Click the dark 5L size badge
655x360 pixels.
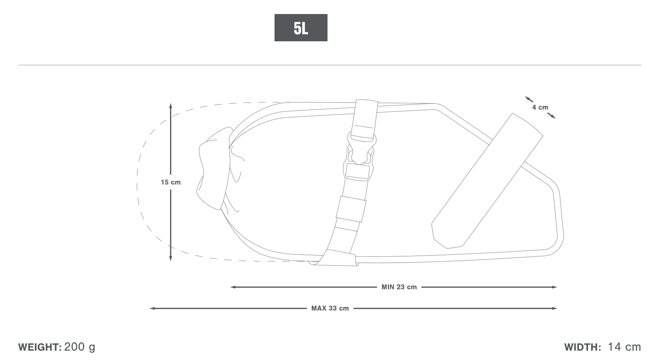[x=301, y=28]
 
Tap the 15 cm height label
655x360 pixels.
[x=171, y=182]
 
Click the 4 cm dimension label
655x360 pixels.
[x=540, y=107]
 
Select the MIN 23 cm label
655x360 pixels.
[x=399, y=287]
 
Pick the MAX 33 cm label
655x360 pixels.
[x=330, y=308]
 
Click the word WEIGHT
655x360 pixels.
[x=40, y=347]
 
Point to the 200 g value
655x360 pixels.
[x=80, y=347]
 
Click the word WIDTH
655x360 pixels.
[x=583, y=347]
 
